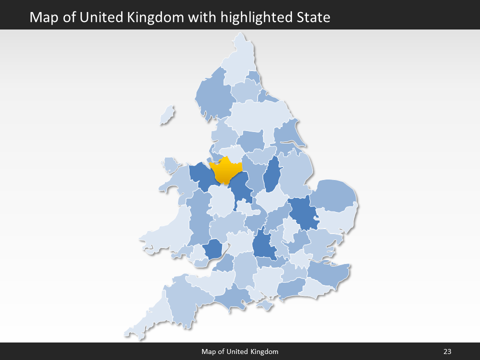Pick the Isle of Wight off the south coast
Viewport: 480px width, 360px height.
point(265,304)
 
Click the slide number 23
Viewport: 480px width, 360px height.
point(447,351)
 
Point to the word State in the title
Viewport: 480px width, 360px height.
point(313,17)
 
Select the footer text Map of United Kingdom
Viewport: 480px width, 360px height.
point(240,351)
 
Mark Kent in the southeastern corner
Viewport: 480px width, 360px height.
point(327,272)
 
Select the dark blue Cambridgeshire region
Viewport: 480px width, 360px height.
point(303,212)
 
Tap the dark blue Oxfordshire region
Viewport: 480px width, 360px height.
point(263,245)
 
